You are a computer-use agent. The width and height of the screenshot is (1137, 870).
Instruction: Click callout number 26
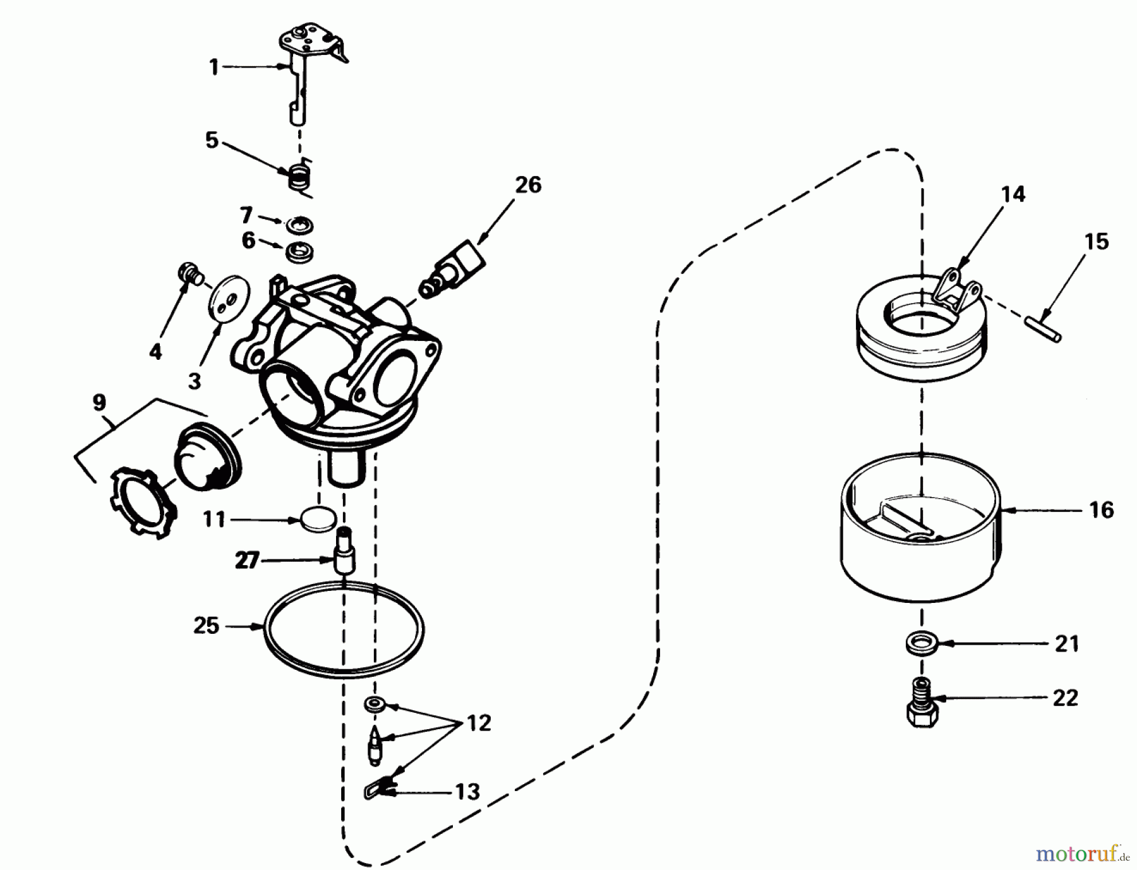click(528, 185)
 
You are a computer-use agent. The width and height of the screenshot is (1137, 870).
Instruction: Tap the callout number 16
click(1102, 509)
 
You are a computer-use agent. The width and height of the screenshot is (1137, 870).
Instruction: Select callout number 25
click(206, 626)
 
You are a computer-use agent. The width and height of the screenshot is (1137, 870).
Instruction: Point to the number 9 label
click(99, 403)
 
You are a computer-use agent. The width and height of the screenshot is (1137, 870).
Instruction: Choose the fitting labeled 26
click(454, 270)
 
